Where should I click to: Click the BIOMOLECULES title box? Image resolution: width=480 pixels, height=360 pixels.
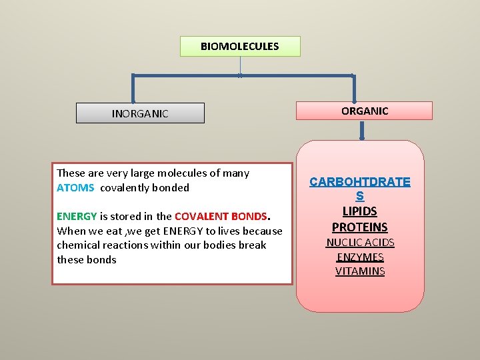[x=240, y=47]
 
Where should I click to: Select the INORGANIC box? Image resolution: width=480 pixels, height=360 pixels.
[x=140, y=113]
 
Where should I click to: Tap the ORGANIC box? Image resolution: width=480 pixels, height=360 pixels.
[x=365, y=111]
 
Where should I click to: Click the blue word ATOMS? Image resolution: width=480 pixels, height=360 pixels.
[x=75, y=188]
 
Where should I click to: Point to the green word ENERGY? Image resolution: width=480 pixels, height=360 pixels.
[x=77, y=217]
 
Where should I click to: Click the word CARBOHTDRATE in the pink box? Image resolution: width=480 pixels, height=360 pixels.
[x=360, y=182]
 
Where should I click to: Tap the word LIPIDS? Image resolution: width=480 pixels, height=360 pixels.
[x=360, y=211]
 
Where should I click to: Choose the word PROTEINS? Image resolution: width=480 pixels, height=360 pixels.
[x=360, y=227]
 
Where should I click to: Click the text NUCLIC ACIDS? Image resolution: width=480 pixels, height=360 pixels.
[x=360, y=243]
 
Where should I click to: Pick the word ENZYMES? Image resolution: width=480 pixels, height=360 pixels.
[x=360, y=257]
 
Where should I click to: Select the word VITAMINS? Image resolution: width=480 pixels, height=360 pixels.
[x=360, y=271]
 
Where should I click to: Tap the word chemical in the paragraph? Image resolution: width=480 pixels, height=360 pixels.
[x=79, y=245]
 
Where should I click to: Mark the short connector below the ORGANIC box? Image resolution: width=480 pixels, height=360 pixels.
[x=362, y=130]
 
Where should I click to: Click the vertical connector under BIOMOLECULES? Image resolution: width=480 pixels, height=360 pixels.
[x=240, y=65]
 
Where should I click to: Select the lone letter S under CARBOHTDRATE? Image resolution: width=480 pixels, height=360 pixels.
[x=360, y=197]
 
